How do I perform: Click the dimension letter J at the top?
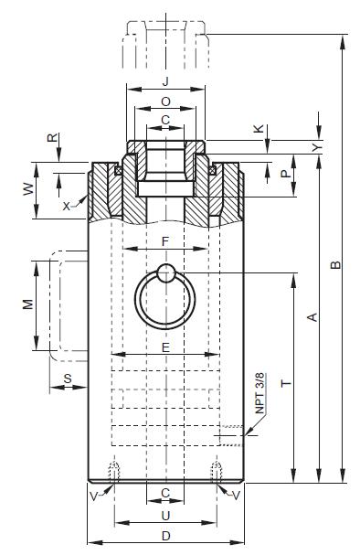[x=165, y=81]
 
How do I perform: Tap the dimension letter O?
[x=165, y=101]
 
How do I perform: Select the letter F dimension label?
[x=165, y=241]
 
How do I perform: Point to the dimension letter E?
[x=165, y=347]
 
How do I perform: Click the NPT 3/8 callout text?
[x=260, y=393]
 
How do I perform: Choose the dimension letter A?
[x=312, y=316]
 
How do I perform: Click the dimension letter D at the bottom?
[x=166, y=536]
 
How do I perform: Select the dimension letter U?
[x=165, y=516]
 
